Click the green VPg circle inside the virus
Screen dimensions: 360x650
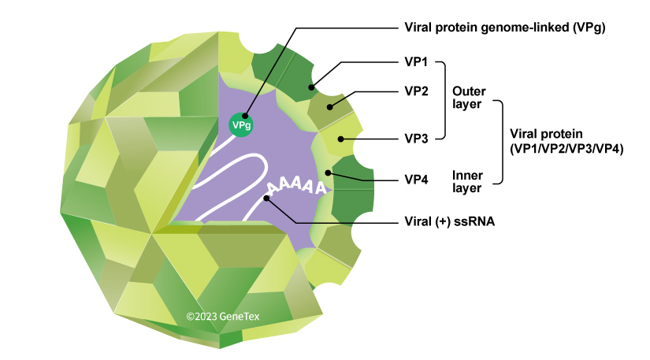click(241, 124)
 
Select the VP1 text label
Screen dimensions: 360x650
click(416, 62)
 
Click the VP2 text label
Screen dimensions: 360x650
click(416, 91)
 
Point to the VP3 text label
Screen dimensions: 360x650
click(416, 138)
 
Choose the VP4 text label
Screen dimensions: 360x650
click(416, 180)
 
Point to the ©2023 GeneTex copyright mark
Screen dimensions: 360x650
click(222, 316)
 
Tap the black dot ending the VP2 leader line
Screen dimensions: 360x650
click(330, 106)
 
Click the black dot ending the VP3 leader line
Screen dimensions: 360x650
click(340, 139)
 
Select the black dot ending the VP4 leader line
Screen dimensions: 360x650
click(327, 171)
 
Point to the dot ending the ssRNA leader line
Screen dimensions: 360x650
click(268, 199)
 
